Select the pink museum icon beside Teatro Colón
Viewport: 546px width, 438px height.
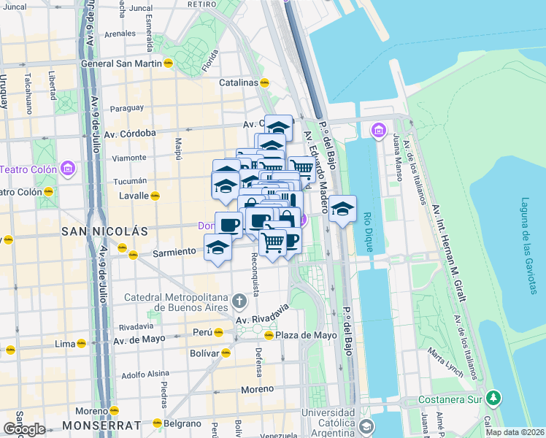[x=68, y=169]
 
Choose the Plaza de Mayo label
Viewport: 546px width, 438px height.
[x=307, y=335]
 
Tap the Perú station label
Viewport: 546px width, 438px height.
[x=201, y=332]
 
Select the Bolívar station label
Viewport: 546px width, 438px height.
[x=204, y=353]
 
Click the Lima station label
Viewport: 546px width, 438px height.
[x=66, y=343]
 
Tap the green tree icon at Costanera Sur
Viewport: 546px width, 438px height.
[x=494, y=398]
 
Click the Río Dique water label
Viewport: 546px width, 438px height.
[x=368, y=231]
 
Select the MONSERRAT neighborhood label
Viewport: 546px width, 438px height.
[x=101, y=425]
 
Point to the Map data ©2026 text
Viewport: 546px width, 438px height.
[x=515, y=432]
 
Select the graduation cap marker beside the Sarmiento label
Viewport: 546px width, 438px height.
[x=218, y=247]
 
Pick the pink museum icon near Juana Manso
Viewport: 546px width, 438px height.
[x=378, y=131]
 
